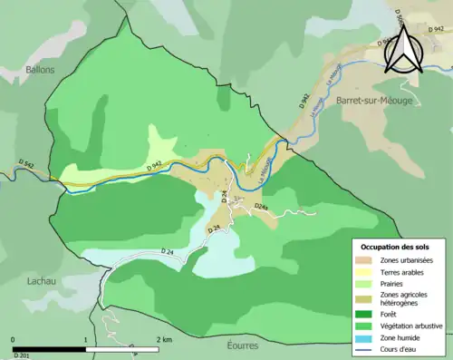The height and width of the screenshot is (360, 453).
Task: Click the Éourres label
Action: click(x=244, y=345)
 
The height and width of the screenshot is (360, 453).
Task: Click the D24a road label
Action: click(x=262, y=208)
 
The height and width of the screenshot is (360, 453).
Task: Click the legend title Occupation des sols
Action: click(x=395, y=247)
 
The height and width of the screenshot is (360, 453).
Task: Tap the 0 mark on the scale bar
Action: click(x=14, y=339)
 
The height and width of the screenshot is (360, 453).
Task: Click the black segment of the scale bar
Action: click(x=49, y=348)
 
